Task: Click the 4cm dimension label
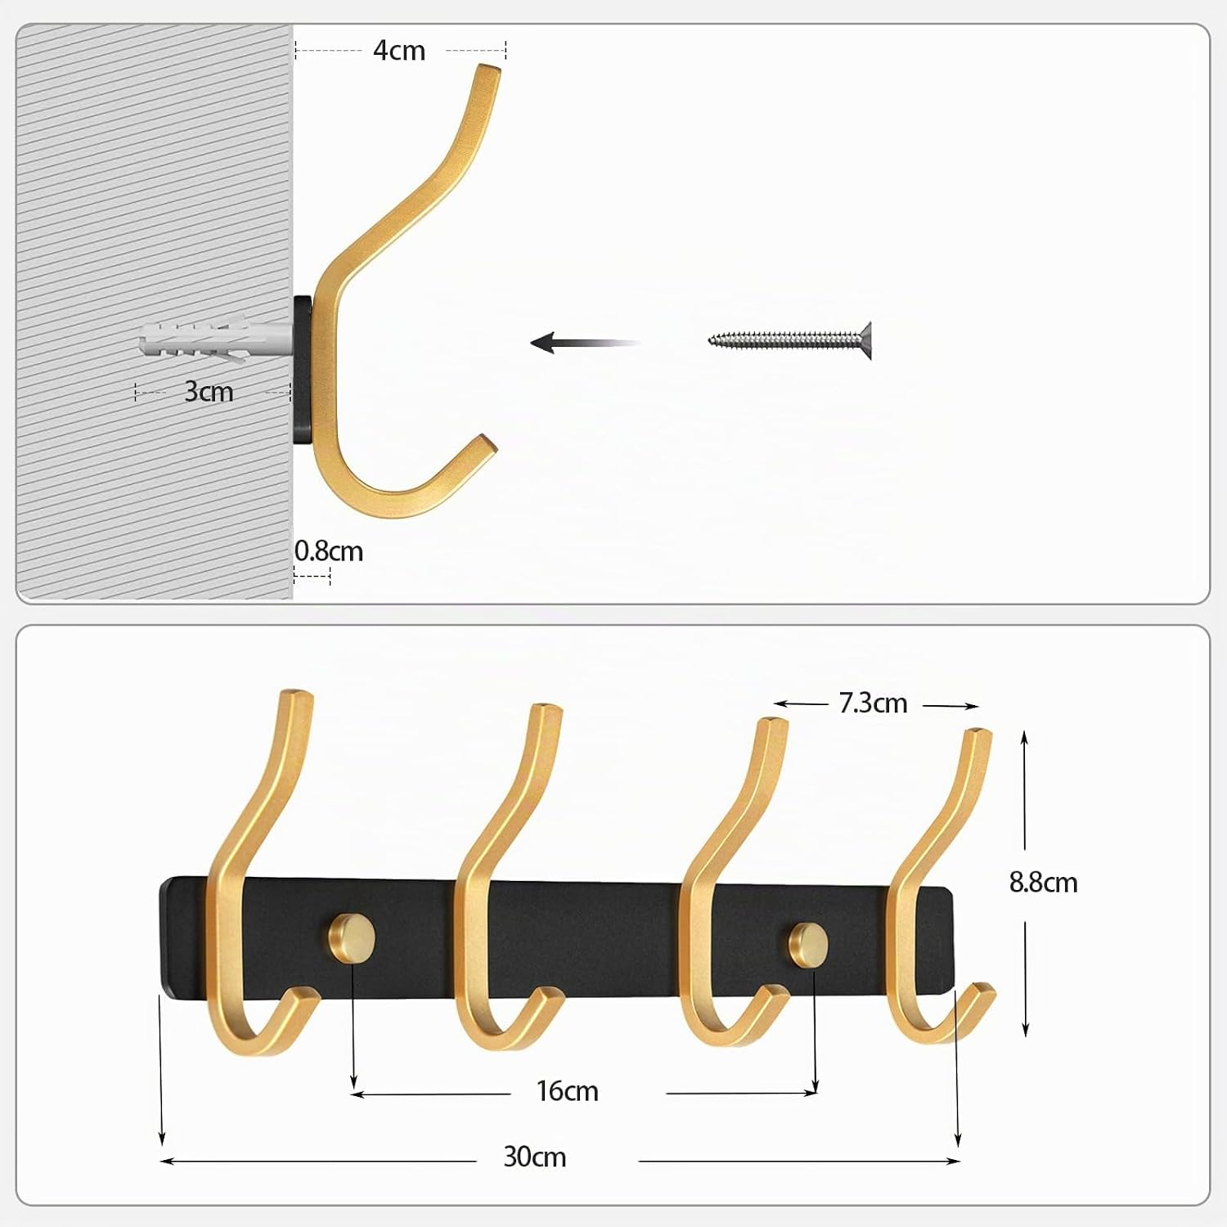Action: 399,51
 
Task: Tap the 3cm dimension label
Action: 209,392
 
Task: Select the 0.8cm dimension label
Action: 329,551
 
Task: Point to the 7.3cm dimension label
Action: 874,703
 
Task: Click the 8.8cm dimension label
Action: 1043,883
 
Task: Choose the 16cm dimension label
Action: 568,1091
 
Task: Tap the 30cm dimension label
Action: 535,1157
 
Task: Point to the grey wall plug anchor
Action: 215,341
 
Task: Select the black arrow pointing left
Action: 585,343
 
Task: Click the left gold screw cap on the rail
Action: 352,935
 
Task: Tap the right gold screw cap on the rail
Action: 808,942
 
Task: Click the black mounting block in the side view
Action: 304,371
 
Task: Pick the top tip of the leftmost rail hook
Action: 296,694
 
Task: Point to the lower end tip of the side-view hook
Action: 488,443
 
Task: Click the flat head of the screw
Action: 865,339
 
